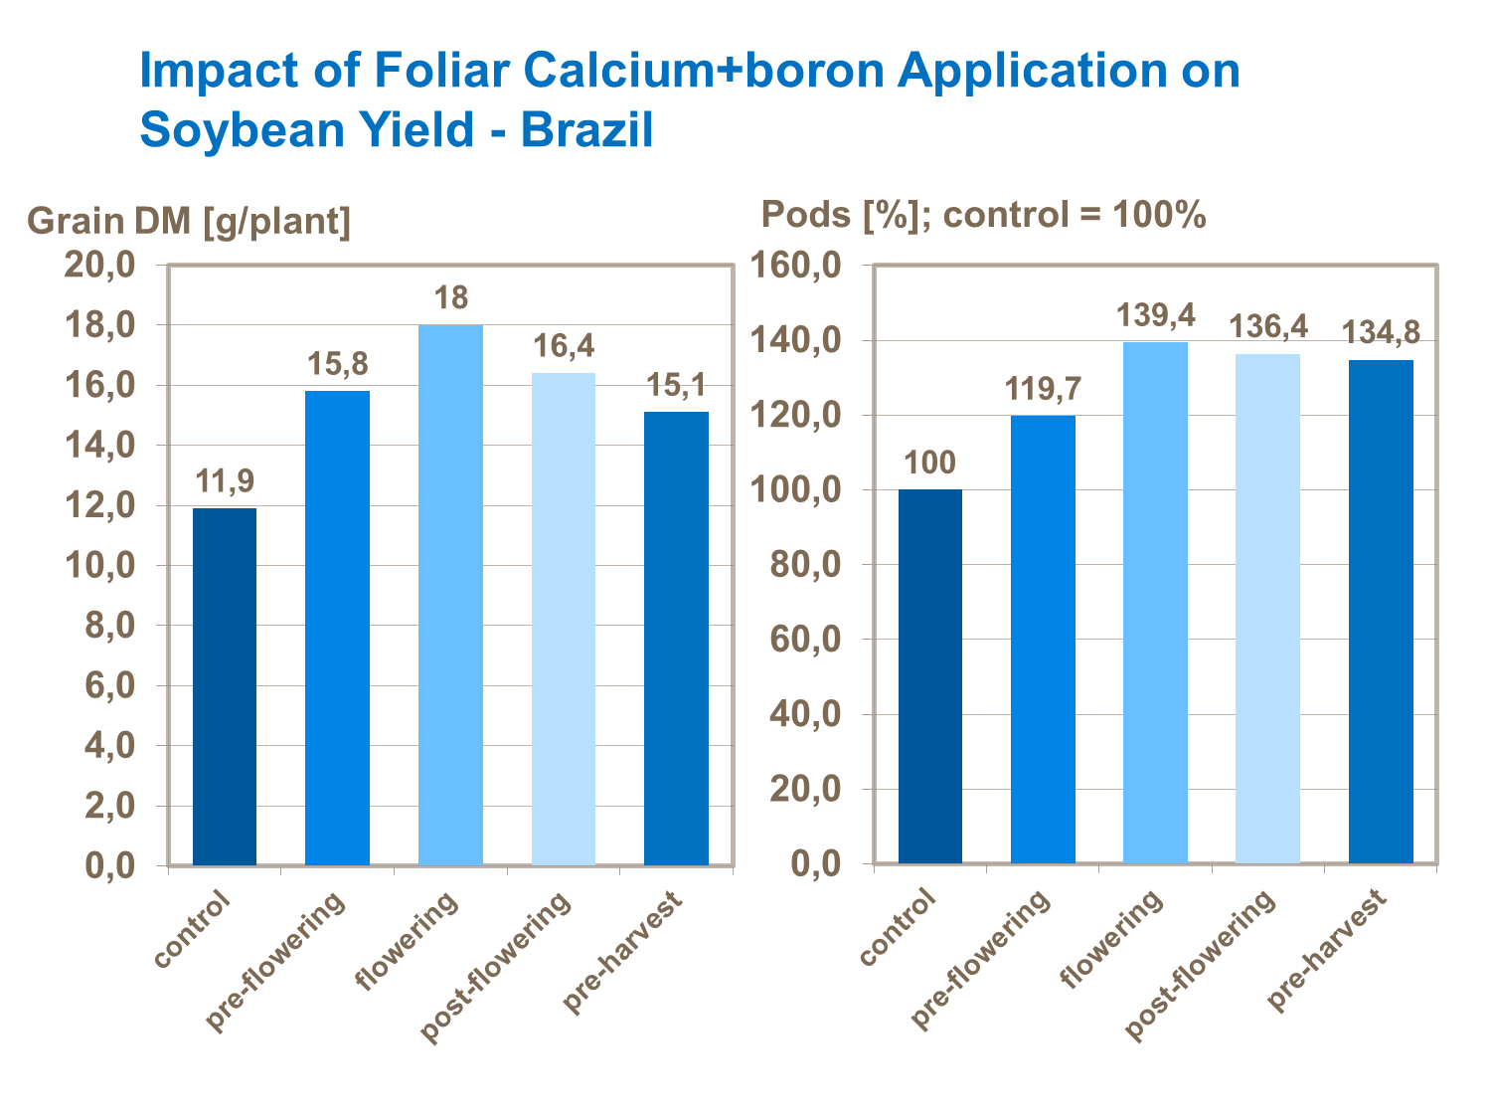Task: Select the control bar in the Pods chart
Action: tap(930, 676)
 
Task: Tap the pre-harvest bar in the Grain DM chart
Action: tap(676, 638)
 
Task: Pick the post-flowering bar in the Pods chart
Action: tap(1267, 608)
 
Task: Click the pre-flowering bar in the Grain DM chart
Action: tap(337, 628)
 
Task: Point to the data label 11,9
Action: tap(225, 481)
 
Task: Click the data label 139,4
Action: tap(1156, 315)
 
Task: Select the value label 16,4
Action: tap(564, 346)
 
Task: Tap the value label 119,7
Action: tap(1043, 388)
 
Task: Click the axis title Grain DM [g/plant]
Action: tap(189, 221)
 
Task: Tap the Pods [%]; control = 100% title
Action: tap(983, 214)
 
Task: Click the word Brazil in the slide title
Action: tap(586, 130)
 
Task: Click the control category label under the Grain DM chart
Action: tap(193, 930)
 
